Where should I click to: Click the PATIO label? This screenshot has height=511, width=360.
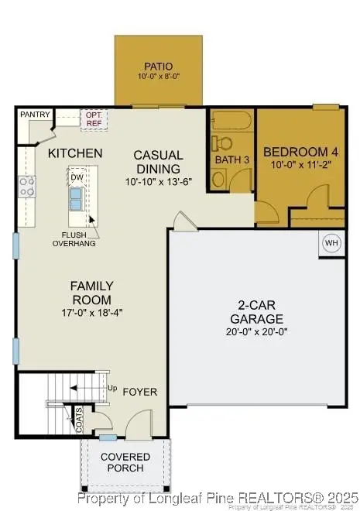pyautogui.click(x=158, y=67)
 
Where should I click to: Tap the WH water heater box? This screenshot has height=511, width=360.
pyautogui.click(x=331, y=243)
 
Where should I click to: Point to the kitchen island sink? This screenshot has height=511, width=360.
pyautogui.click(x=77, y=199)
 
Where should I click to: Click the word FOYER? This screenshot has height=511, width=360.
pyautogui.click(x=139, y=392)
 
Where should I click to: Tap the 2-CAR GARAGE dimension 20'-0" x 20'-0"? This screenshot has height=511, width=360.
pyautogui.click(x=255, y=332)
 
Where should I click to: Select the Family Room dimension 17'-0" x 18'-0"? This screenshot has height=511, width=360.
pyautogui.click(x=92, y=313)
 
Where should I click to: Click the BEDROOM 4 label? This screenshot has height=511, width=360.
pyautogui.click(x=299, y=151)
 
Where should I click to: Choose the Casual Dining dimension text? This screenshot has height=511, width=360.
pyautogui.click(x=158, y=182)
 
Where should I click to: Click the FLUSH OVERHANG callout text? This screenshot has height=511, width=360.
pyautogui.click(x=74, y=238)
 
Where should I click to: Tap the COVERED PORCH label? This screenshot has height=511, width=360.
pyautogui.click(x=125, y=462)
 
